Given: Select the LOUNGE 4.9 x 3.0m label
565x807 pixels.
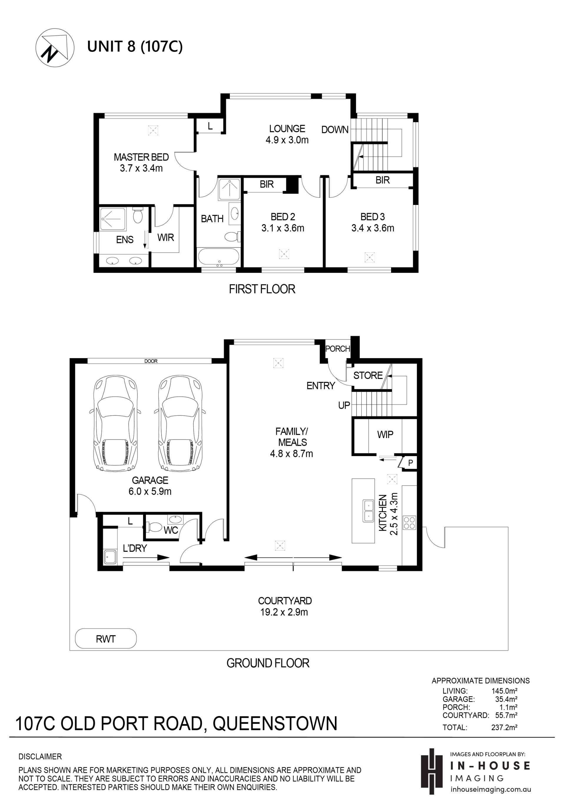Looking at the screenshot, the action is pos(287,134).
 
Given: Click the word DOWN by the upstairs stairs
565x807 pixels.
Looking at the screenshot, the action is pos(335,130).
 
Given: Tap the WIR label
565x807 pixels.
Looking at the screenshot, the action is pos(165,238).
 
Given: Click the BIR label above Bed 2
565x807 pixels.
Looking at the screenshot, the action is pos(267,184).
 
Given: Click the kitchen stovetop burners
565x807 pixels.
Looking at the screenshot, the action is pos(409,522).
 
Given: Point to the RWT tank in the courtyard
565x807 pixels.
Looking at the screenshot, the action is pos(106,638).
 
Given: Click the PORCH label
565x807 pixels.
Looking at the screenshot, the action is pos(338,349).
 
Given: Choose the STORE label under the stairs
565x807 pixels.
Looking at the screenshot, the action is pos(368,375).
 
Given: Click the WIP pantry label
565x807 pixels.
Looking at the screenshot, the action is pos(385,435).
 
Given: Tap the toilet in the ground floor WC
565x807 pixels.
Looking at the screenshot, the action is pos(154,527).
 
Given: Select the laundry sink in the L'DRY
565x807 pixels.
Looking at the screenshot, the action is pos(110,557).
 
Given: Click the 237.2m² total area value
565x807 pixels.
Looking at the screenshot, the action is pos(504,728).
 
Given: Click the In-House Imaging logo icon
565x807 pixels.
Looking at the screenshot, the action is pos(432,771).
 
